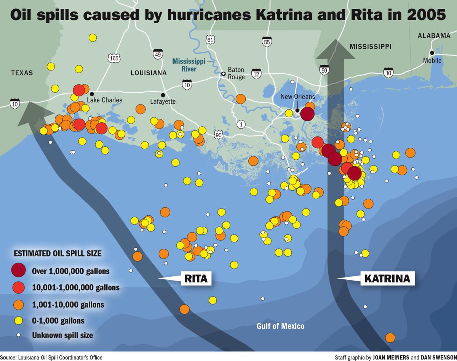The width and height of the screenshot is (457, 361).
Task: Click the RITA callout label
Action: [x=196, y=278]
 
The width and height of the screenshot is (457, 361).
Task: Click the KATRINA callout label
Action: [x=387, y=278]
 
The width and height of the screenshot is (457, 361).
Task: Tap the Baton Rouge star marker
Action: [x=223, y=74]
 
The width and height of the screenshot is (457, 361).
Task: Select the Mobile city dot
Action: [x=432, y=53]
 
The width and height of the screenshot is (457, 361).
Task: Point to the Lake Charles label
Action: [x=105, y=100]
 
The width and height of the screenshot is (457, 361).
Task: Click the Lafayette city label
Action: [x=163, y=101]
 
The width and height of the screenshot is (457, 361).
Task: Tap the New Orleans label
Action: [x=298, y=96]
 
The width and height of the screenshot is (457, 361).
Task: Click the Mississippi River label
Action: [x=189, y=65]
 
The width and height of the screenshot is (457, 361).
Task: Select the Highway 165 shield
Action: [x=114, y=58]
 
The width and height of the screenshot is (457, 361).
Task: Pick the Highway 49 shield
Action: [x=158, y=54]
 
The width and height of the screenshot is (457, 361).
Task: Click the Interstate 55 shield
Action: [x=267, y=42]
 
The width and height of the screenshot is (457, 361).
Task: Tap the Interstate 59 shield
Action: [x=324, y=70]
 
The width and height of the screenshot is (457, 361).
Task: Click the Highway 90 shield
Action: [x=218, y=135]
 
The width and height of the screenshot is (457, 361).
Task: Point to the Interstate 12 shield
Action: [x=256, y=74]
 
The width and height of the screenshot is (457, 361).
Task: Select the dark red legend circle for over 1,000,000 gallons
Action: [x=18, y=270]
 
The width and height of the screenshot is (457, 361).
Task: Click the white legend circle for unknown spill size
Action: [x=18, y=335]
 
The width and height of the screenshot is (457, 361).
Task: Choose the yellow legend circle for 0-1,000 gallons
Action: [x=18, y=320]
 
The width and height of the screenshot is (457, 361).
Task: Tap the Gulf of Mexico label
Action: [x=280, y=326]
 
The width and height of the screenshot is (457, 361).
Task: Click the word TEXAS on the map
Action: [x=22, y=73]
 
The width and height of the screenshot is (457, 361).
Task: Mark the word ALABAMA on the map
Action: [x=434, y=36]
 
